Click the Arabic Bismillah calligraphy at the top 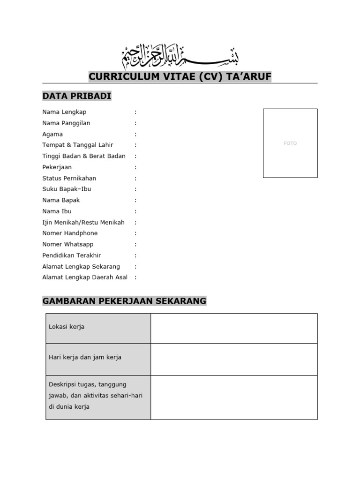180,57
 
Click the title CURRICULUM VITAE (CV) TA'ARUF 180,77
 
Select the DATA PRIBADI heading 77,96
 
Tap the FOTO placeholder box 290,143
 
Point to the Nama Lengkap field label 64,112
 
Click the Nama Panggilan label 66,123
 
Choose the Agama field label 52,134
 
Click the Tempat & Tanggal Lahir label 78,145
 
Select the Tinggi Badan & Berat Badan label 84,156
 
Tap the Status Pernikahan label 69,178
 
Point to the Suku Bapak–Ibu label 67,189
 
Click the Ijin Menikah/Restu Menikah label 83,223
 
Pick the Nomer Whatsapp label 68,244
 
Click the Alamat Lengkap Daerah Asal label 85,277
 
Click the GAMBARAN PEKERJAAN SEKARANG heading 124,301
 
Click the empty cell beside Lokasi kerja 234,328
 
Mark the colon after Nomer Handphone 135,233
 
